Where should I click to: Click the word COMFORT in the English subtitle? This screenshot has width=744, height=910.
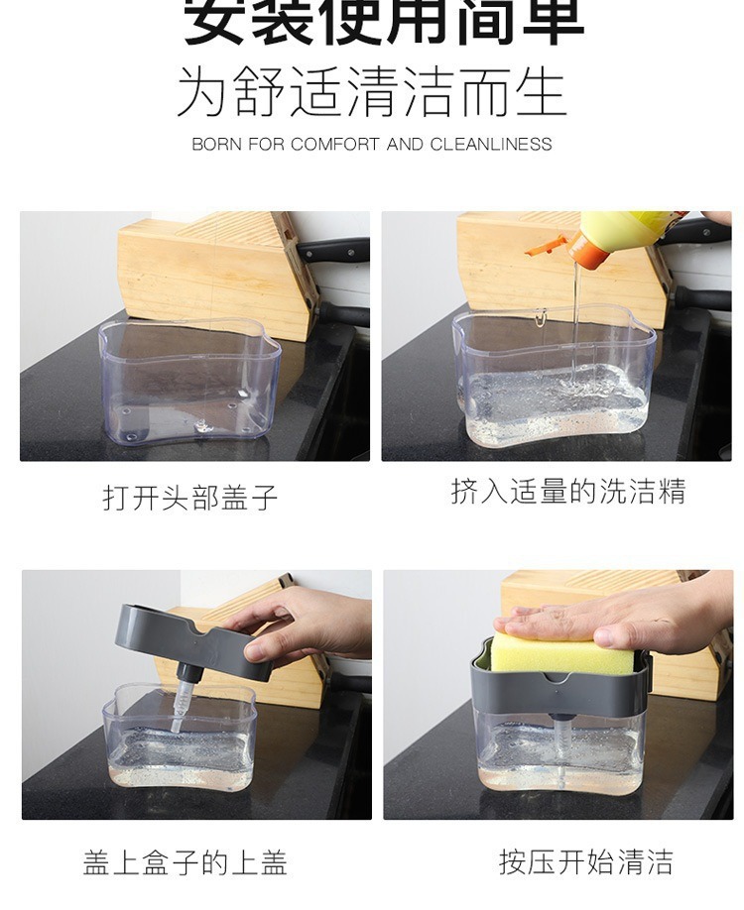[x=335, y=144]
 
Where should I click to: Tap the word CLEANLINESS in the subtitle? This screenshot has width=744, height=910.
[x=490, y=144]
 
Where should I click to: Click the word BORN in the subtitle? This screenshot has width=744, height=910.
[x=216, y=144]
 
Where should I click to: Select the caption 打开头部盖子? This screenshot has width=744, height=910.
[x=190, y=497]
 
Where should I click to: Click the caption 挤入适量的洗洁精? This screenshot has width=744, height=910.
[x=567, y=492]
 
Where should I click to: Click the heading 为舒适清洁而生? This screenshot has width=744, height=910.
[x=371, y=93]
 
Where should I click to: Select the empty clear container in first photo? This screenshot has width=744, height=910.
[x=187, y=382]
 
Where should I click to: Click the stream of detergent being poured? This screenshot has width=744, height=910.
[x=574, y=317]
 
